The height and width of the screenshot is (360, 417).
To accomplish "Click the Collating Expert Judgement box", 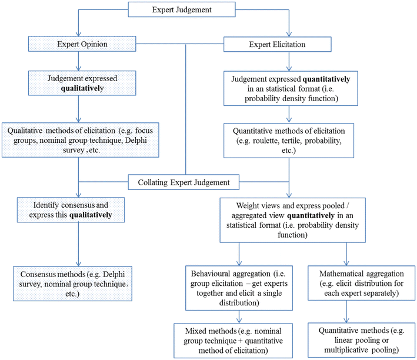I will pyautogui.click(x=185, y=182).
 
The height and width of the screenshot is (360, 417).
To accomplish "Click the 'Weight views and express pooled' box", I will pyautogui.click(x=288, y=221).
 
